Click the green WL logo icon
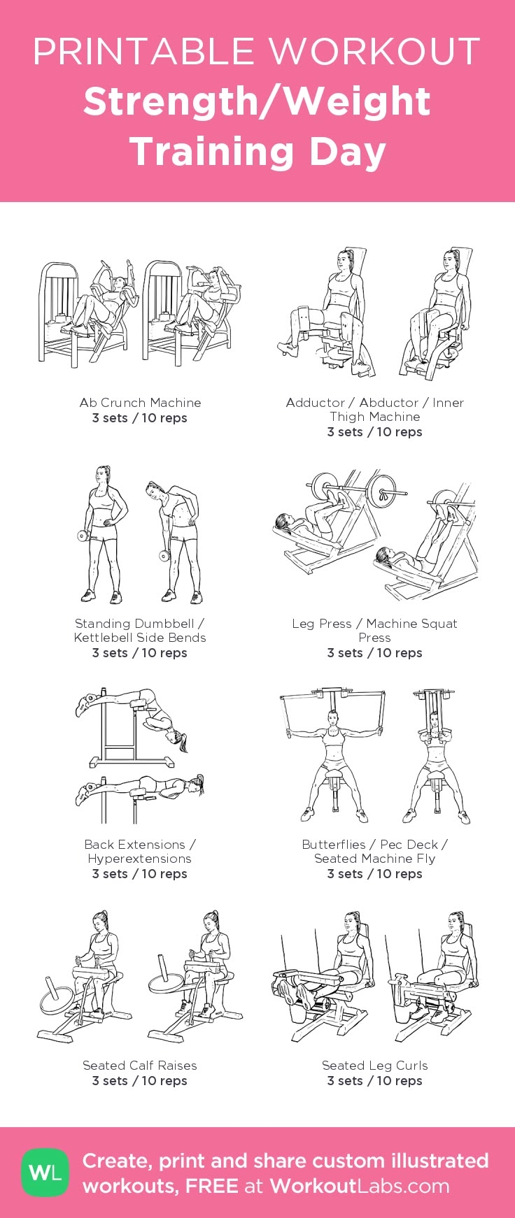(45, 1173)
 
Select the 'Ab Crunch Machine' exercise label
(140, 403)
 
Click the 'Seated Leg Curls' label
(374, 1066)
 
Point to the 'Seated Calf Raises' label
(140, 1066)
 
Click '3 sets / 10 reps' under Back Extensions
(140, 874)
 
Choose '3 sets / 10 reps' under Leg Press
(374, 653)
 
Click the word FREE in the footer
(211, 1186)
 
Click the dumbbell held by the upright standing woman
(83, 537)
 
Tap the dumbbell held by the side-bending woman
(165, 556)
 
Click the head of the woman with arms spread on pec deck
(331, 718)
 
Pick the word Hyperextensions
(140, 859)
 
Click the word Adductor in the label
(315, 403)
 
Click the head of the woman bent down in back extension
(173, 736)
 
